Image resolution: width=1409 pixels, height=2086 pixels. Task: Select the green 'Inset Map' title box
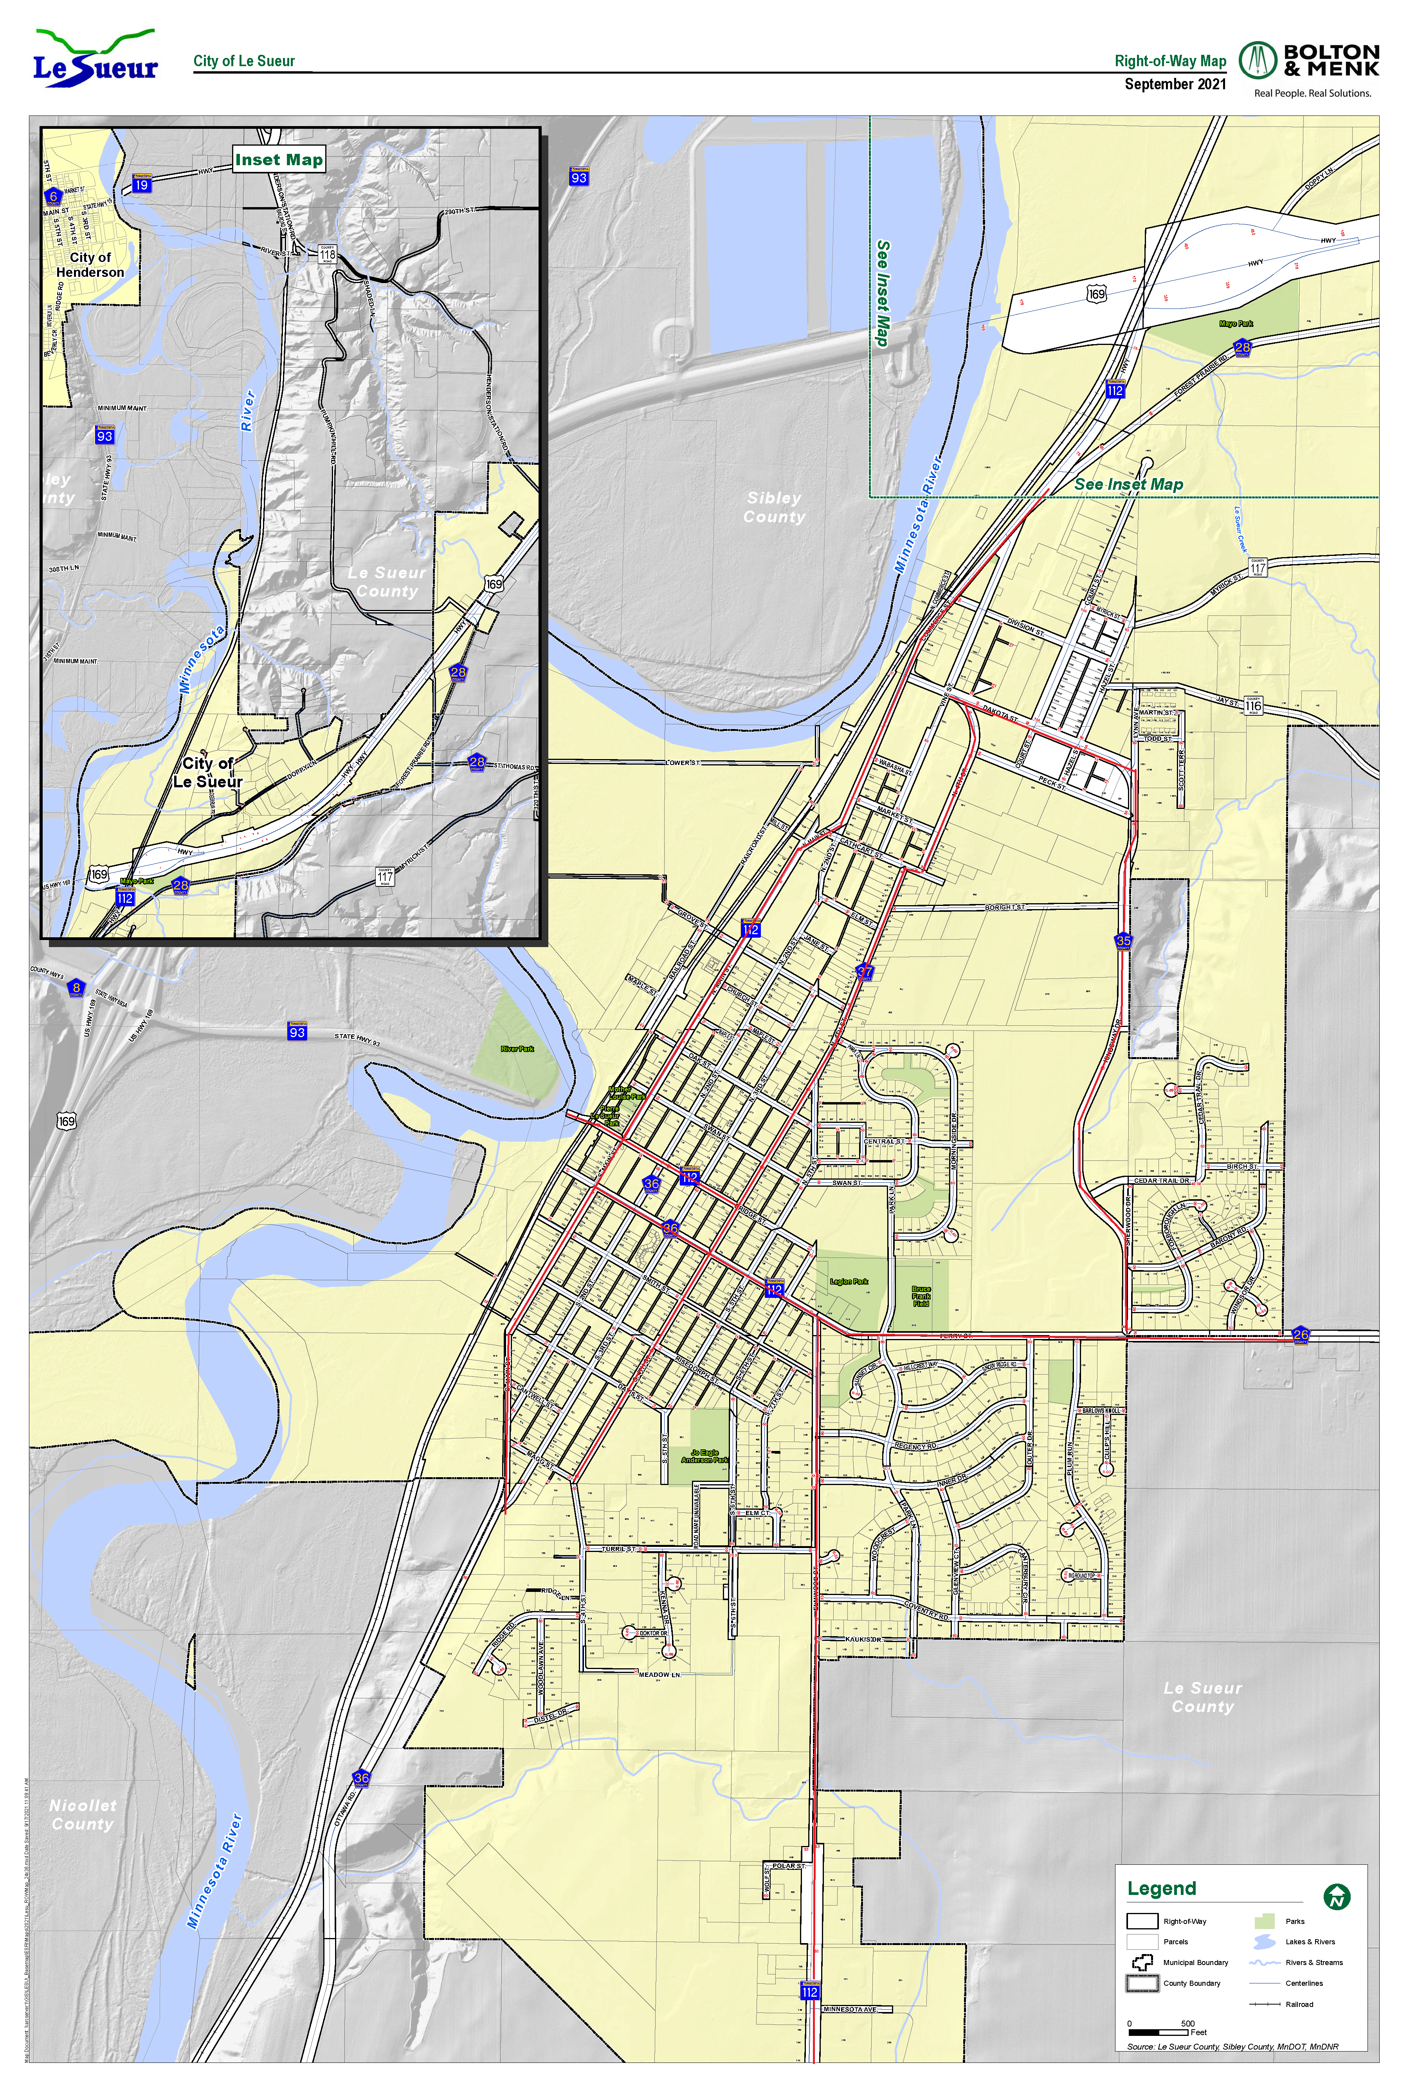click(x=278, y=160)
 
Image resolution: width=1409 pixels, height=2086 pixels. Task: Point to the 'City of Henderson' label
click(x=90, y=265)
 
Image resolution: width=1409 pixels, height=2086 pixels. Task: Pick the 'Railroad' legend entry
click(x=1299, y=2003)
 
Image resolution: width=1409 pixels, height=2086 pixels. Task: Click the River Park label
click(x=517, y=1048)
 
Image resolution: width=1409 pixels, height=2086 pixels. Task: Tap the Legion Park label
click(x=848, y=1282)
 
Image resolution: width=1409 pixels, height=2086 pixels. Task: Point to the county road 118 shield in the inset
click(x=327, y=254)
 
